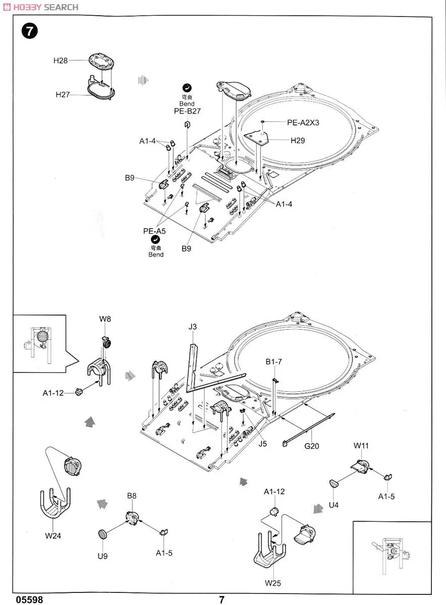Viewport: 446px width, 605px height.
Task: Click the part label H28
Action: click(x=61, y=60)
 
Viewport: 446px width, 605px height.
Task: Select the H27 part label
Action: click(x=63, y=94)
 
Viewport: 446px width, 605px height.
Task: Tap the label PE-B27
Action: click(x=187, y=111)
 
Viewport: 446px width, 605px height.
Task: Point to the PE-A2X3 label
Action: click(x=304, y=122)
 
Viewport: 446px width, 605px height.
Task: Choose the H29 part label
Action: click(x=298, y=141)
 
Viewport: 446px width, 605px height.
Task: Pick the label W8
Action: click(x=105, y=319)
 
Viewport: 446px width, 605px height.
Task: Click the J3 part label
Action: click(x=193, y=327)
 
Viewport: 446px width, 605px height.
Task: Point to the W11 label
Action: click(x=361, y=445)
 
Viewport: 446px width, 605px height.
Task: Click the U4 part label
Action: click(x=333, y=505)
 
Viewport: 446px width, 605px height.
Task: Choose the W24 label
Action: click(x=52, y=535)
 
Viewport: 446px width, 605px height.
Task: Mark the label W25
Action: click(x=273, y=583)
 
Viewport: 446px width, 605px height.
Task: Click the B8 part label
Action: click(x=132, y=496)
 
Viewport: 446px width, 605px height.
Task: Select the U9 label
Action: click(x=103, y=556)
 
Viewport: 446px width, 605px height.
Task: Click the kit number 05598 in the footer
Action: click(x=29, y=600)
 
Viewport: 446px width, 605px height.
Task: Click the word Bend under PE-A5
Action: click(x=156, y=255)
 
